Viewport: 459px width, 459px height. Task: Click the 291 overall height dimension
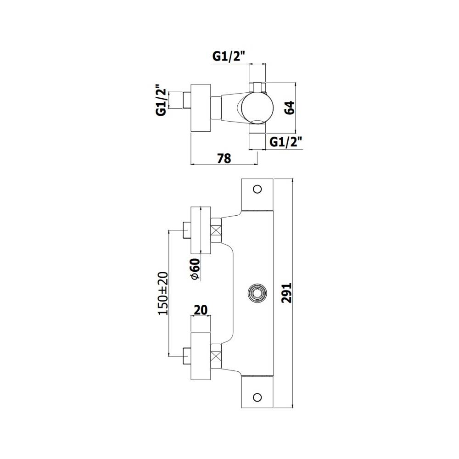(287, 292)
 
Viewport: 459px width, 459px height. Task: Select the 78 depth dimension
(224, 158)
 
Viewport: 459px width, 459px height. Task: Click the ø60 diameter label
(195, 269)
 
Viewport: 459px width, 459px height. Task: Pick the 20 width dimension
(200, 310)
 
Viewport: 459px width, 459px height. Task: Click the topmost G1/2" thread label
(229, 56)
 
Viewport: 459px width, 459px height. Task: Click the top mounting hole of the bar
(257, 189)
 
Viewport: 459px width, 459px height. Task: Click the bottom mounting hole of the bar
(257, 397)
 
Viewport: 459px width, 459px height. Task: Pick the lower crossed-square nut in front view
(216, 355)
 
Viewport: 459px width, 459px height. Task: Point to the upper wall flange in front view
(201, 229)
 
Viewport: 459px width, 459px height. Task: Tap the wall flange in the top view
(201, 108)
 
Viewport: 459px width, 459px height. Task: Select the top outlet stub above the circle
(257, 86)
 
